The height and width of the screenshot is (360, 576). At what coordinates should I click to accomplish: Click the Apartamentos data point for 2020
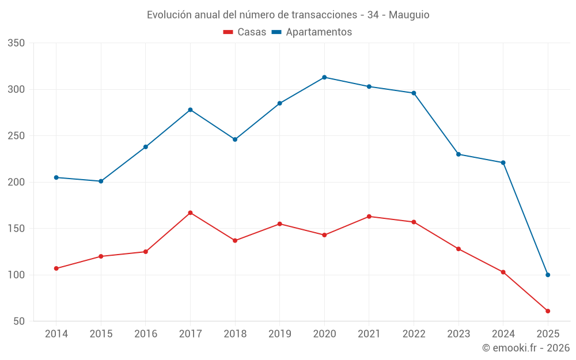click(324, 77)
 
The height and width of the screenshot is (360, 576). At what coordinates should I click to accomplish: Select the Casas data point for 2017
click(190, 213)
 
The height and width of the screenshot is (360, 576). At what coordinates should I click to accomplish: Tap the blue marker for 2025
click(548, 275)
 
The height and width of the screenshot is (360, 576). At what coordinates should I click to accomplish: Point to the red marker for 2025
click(548, 311)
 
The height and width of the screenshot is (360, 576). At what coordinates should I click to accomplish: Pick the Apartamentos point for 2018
click(235, 139)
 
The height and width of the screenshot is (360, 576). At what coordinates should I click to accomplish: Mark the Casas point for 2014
click(56, 268)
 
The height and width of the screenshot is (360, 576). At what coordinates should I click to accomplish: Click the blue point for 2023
click(458, 154)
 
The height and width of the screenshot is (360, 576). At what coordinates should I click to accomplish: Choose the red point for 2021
click(369, 217)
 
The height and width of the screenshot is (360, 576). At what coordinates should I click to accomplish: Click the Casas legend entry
click(245, 32)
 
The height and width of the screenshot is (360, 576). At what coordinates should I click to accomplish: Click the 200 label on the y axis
click(17, 182)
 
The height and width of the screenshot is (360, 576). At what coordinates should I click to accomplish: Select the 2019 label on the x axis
click(280, 334)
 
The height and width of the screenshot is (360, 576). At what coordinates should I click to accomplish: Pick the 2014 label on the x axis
click(56, 334)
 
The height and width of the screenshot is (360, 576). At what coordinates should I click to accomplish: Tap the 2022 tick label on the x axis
click(414, 334)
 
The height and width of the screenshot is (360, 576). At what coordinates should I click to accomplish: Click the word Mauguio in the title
click(409, 15)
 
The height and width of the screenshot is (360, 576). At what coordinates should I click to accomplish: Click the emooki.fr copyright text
click(526, 348)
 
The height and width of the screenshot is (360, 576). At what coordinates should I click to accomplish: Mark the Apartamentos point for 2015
click(101, 181)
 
